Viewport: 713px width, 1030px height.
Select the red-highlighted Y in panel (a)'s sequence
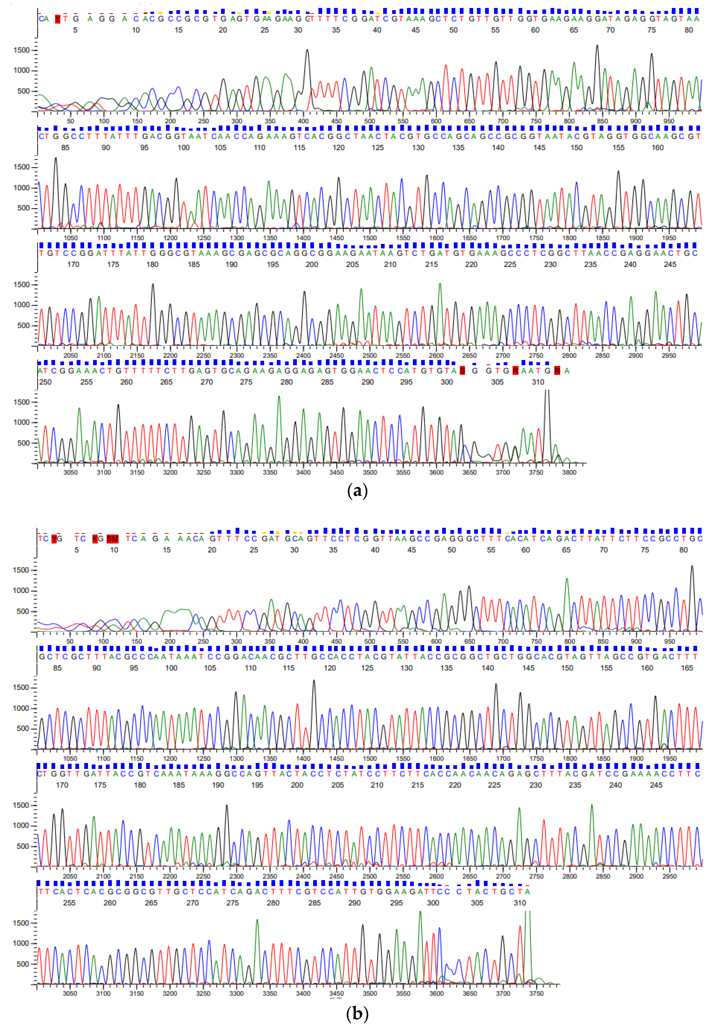coord(57,19)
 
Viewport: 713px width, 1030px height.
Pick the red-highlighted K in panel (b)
coord(95,539)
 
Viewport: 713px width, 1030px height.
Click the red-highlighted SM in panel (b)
coord(113,539)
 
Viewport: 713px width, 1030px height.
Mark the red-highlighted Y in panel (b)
coord(54,539)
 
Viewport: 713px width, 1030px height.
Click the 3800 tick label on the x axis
coord(569,472)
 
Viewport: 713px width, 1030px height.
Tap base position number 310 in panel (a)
coord(538,382)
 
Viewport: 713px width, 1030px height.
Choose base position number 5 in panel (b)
coord(76,550)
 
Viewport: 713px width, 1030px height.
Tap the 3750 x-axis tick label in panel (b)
coord(536,993)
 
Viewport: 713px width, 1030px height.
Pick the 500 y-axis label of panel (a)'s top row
coord(23,91)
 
